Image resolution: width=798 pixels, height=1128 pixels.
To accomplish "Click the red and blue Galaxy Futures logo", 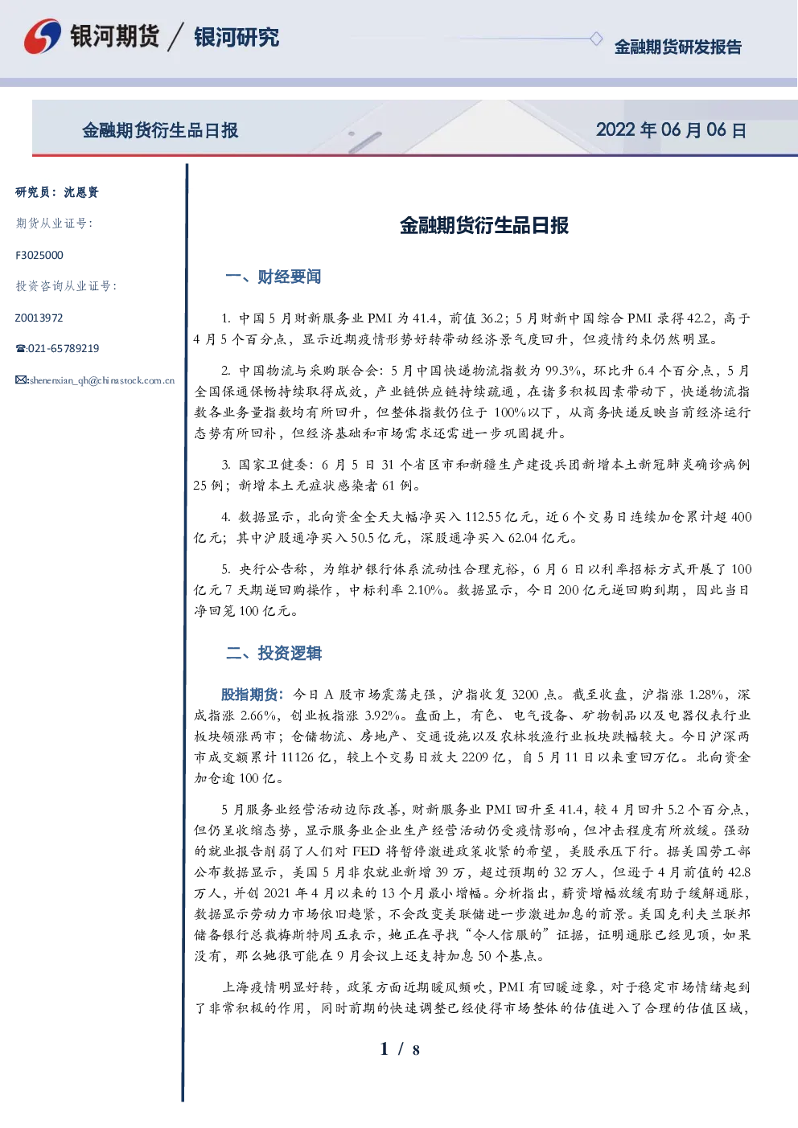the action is tap(43, 36).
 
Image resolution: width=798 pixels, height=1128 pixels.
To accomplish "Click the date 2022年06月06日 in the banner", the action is tap(671, 130).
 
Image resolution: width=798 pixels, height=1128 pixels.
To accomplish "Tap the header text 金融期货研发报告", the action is tap(677, 47).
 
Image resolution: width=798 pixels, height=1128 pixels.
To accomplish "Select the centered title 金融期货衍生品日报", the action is tap(483, 225).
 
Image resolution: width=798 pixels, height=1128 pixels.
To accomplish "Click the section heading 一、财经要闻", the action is tap(273, 277).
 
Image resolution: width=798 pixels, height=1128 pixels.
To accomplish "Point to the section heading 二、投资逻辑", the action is tap(274, 653).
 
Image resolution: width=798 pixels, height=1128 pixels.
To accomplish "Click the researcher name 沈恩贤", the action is tap(81, 192).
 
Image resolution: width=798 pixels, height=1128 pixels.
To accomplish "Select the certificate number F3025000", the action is tap(39, 256).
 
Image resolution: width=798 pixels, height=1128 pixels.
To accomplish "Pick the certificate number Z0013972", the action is tap(39, 318).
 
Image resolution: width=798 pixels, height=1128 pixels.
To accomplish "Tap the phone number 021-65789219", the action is tap(63, 348).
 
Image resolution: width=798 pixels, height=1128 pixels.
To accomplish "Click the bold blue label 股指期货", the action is tap(249, 695).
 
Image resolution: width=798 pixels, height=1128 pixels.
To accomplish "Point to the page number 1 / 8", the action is tap(400, 1049).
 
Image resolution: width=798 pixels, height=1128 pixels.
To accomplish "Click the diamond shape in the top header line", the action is tap(596, 39).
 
